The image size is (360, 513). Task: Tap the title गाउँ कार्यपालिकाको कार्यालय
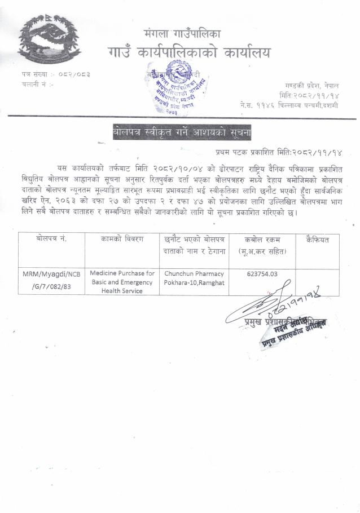click(188, 53)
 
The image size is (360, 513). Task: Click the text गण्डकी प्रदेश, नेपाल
click(311, 85)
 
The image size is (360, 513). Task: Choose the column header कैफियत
click(317, 240)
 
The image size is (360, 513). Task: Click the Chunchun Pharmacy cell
click(194, 277)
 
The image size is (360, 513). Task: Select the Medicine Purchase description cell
click(122, 282)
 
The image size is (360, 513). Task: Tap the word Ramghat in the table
click(211, 282)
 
